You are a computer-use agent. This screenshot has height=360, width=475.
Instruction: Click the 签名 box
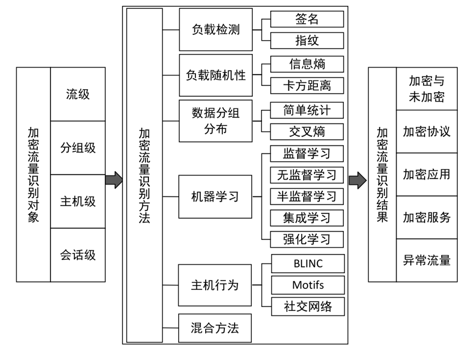tap(307, 19)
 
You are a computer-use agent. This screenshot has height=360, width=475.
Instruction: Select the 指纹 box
tap(307, 40)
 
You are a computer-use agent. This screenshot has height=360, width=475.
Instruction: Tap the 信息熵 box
tap(307, 64)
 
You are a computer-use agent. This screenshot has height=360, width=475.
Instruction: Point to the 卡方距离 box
tap(307, 86)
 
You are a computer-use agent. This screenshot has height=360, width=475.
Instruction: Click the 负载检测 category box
tap(215, 29)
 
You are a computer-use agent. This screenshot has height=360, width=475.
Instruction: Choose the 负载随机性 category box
tap(215, 75)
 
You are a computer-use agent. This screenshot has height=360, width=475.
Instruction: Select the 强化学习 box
tap(307, 240)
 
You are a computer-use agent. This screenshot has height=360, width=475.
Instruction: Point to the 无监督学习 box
tap(307, 175)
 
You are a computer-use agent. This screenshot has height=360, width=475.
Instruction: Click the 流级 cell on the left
tap(78, 94)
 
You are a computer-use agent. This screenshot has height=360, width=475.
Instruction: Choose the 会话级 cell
tap(78, 255)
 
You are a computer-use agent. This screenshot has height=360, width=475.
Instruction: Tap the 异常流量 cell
tap(427, 260)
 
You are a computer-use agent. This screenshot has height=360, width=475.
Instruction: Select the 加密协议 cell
tap(427, 131)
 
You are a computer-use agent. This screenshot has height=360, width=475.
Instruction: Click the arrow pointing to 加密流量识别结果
tap(357, 180)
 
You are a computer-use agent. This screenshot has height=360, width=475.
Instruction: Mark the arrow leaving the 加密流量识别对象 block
tap(114, 180)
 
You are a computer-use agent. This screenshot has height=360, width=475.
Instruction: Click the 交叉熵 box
tap(307, 132)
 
